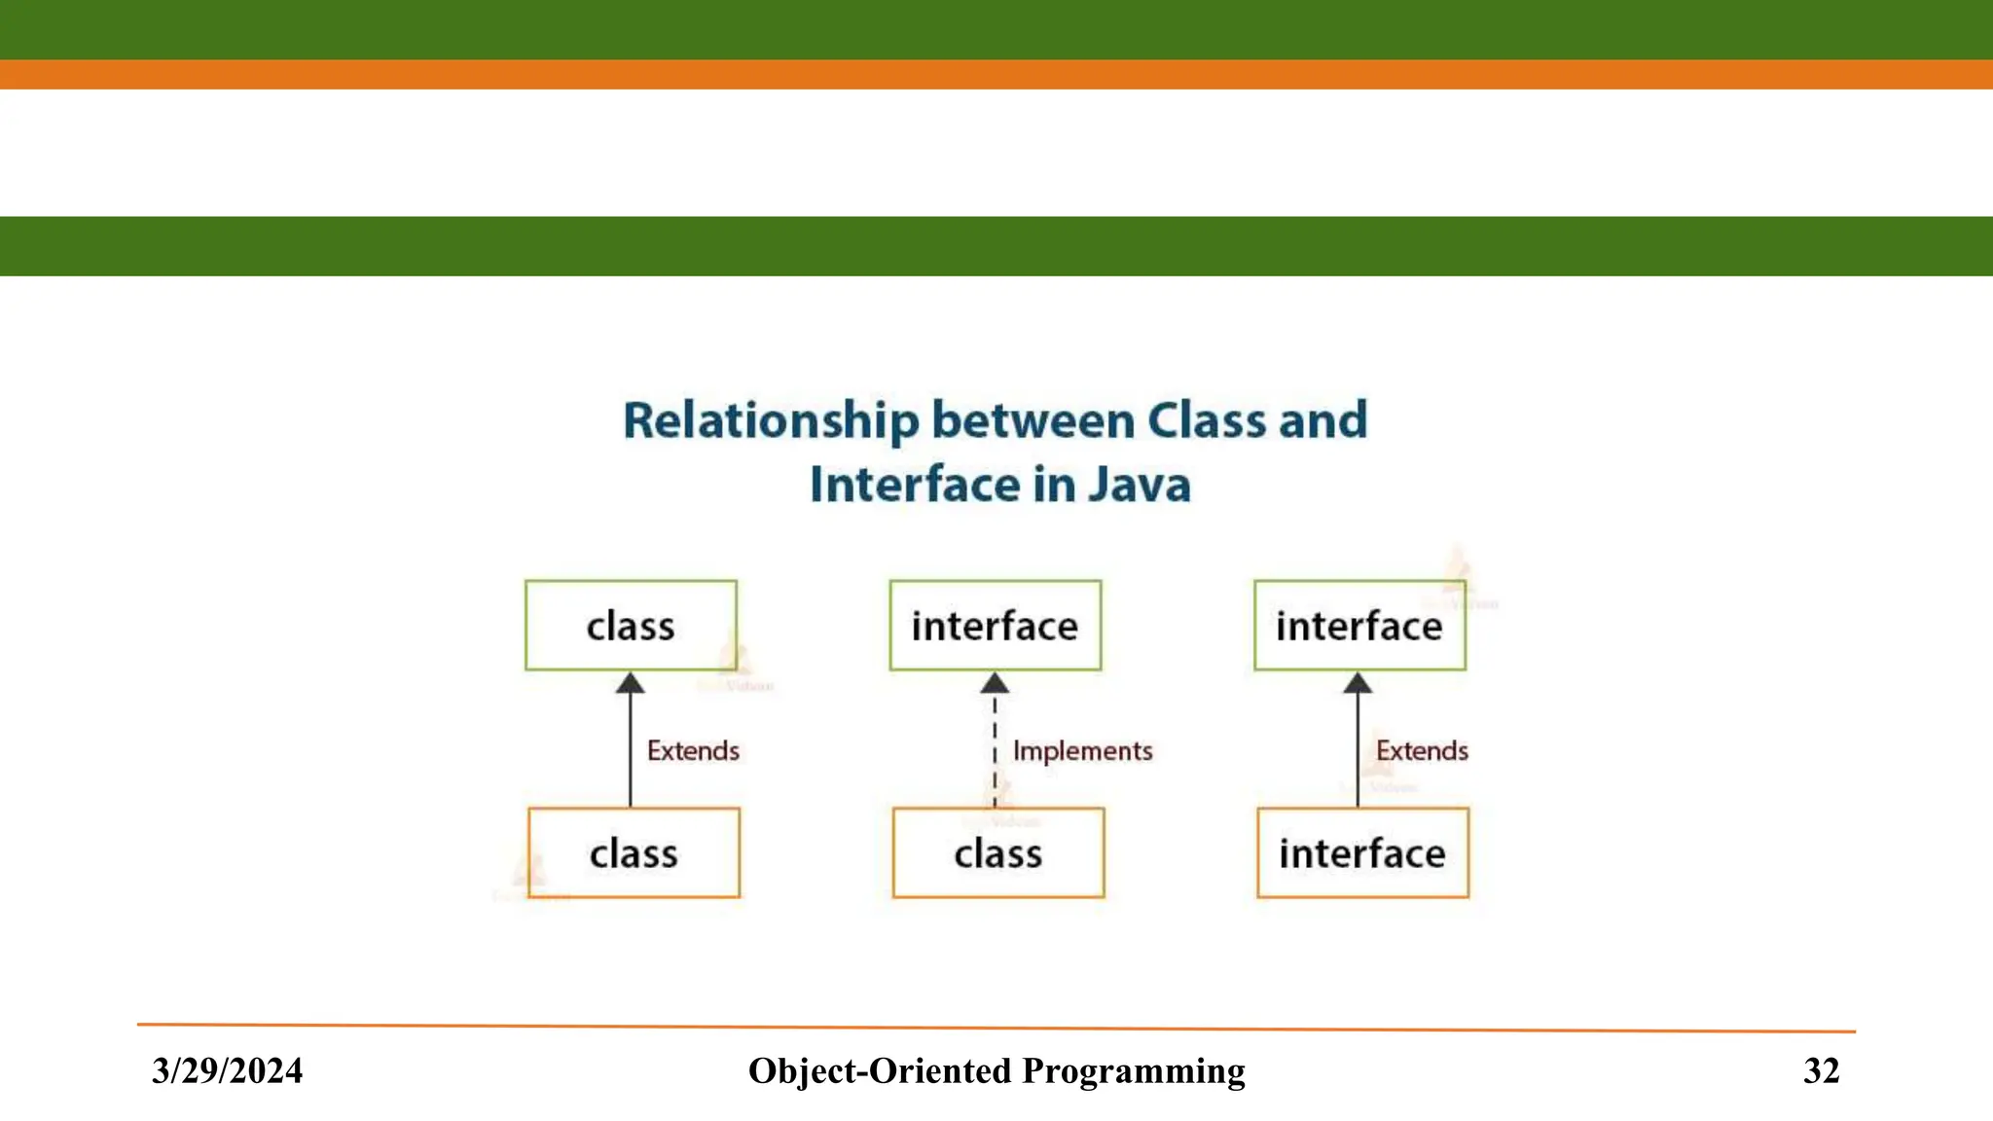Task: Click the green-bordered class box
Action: pyautogui.click(x=631, y=626)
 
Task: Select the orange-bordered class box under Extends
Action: pyautogui.click(x=634, y=852)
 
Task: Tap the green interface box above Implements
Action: pyautogui.click(x=995, y=626)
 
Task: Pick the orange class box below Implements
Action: pyautogui.click(x=997, y=852)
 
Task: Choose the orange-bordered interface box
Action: pyautogui.click(x=1362, y=852)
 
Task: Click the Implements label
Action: pyautogui.click(x=1082, y=751)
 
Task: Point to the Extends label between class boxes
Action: pyautogui.click(x=693, y=751)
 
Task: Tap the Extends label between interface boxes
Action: pyautogui.click(x=1422, y=751)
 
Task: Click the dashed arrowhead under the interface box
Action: pyautogui.click(x=995, y=683)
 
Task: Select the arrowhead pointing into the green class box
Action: pyautogui.click(x=631, y=683)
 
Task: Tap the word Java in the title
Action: pyautogui.click(x=1139, y=485)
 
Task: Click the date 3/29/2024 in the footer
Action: pyautogui.click(x=227, y=1070)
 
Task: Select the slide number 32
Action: pyautogui.click(x=1821, y=1070)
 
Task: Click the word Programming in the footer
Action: pyautogui.click(x=1134, y=1070)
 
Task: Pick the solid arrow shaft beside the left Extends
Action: pyautogui.click(x=631, y=749)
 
